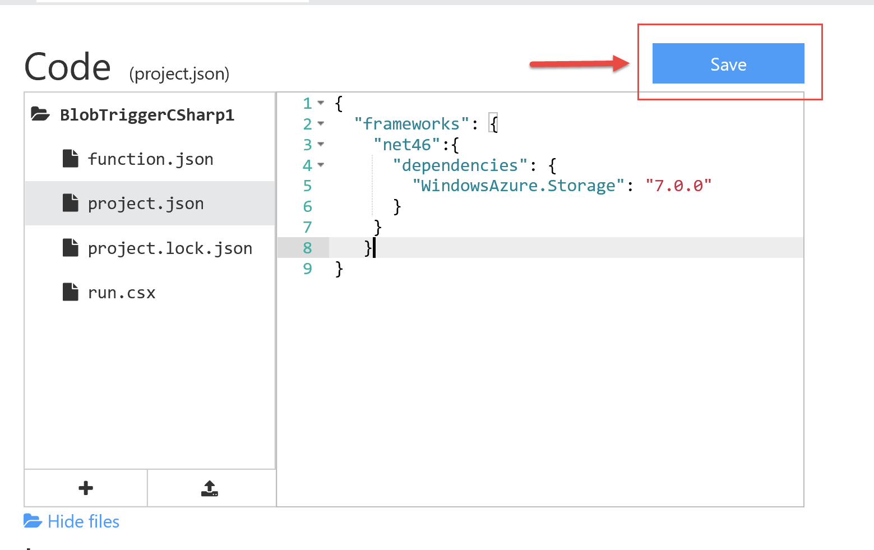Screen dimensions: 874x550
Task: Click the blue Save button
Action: tap(728, 63)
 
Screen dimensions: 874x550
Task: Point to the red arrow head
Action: tap(621, 63)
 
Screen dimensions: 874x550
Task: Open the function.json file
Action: tap(150, 159)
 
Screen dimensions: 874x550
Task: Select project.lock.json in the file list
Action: tap(170, 248)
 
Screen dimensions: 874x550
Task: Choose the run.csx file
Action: tap(121, 293)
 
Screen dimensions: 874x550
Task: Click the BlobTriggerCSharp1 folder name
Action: tap(147, 115)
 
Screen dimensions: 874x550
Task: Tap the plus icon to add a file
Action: tap(86, 488)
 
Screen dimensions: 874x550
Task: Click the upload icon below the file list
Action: tap(210, 488)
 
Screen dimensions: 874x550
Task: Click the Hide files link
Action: tap(83, 521)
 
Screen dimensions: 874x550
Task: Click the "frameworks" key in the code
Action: tap(411, 124)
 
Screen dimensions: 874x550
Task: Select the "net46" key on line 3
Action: tap(407, 145)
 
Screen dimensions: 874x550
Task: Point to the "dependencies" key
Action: tap(460, 165)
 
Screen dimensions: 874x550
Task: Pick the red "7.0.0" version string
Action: tap(678, 186)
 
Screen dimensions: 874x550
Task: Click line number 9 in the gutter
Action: tap(307, 269)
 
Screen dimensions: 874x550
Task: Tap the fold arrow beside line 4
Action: tap(321, 165)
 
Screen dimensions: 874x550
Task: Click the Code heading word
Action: tap(67, 67)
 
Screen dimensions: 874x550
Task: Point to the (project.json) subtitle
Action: tap(179, 73)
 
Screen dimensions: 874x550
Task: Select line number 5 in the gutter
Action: tap(307, 186)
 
